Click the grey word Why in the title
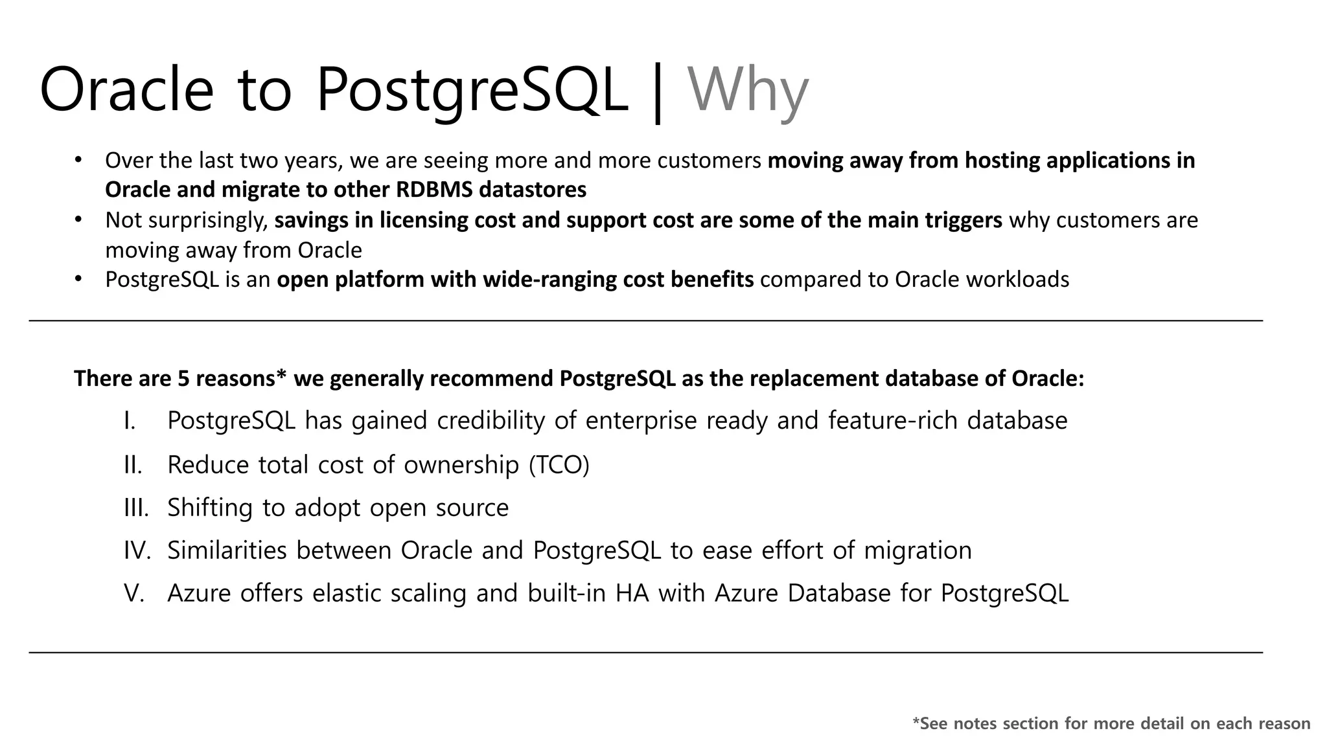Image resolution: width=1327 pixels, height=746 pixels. coord(748,91)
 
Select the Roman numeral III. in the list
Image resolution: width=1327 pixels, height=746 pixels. coord(136,508)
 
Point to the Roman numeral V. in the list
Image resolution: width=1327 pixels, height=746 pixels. coord(134,593)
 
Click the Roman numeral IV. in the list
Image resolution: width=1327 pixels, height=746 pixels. coord(137,550)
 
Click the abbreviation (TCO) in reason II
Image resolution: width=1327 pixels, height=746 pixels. coord(559,465)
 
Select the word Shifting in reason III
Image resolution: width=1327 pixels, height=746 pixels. coord(209,508)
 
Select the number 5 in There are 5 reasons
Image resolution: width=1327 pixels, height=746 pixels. coord(183,379)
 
